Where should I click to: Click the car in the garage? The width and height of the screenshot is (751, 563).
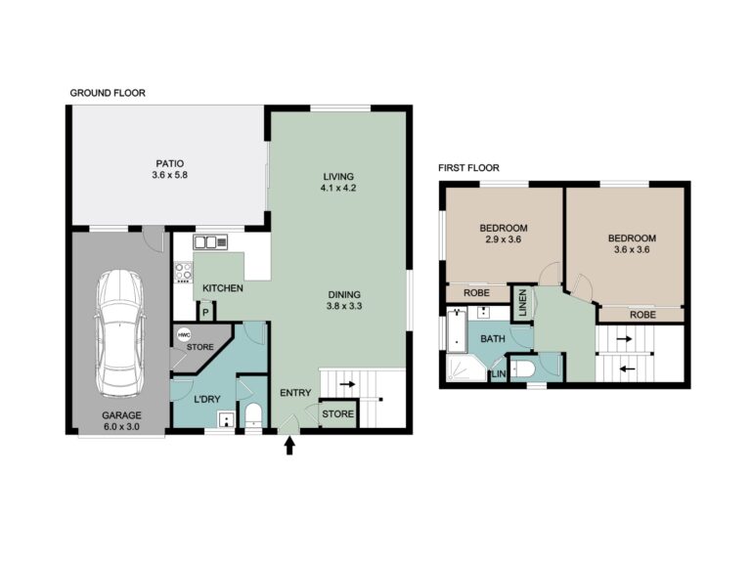coord(119,333)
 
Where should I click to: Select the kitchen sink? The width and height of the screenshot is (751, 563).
coord(210,242)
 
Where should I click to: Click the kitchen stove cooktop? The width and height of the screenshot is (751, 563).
coord(183,272)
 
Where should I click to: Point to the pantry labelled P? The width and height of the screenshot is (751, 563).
coord(206,313)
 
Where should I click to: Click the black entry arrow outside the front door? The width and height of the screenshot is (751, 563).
coord(289,446)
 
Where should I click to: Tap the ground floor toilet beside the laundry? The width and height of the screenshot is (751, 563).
coord(253,414)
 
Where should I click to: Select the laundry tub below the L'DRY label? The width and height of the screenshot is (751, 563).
coord(226,419)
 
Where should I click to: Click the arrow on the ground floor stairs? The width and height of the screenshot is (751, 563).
coord(348,384)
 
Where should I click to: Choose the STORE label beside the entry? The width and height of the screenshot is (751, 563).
coord(338,413)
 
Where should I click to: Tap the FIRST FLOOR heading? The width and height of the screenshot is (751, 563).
coord(469,167)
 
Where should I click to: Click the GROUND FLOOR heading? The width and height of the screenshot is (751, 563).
coord(108,93)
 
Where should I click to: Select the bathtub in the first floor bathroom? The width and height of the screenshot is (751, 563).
coord(457,330)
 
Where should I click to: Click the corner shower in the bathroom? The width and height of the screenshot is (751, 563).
coord(464,368)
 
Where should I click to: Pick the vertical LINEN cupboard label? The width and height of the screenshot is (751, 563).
coord(522,303)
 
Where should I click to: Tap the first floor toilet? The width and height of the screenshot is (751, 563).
coord(521,368)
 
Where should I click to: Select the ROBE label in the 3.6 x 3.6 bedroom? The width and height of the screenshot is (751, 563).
coord(642,315)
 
